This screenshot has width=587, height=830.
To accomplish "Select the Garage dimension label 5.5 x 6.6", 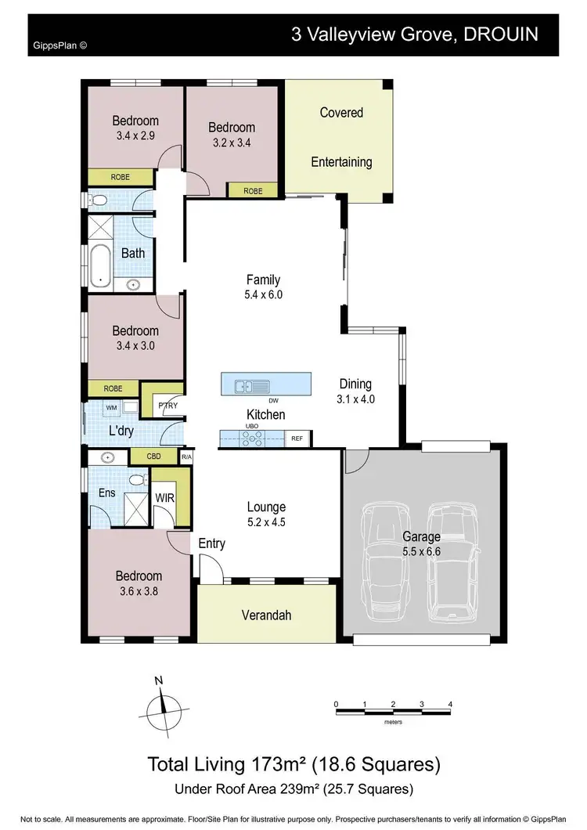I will coord(422,551).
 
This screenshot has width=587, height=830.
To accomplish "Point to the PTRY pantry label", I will coord(167,406).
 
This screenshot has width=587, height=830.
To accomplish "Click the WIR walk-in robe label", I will coord(165,497).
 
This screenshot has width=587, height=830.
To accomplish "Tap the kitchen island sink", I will coord(252,385).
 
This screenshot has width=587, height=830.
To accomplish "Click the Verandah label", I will coord(265,615).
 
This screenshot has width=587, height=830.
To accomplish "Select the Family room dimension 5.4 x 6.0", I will coord(263,295).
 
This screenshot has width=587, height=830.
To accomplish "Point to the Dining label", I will coord(355,384).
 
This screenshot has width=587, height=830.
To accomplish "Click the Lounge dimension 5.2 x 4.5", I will coord(266,522).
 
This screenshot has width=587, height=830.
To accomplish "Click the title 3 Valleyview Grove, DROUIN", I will coord(414,34).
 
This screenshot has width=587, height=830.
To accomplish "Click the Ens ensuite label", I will coord(106,493).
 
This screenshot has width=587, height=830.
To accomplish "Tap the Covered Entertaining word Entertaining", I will coord(341,162).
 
